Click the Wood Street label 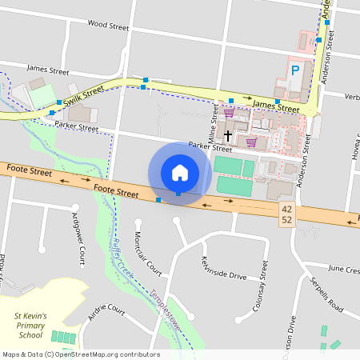point(108,26)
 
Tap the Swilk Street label point(85,96)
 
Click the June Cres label point(344,270)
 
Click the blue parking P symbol point(296,70)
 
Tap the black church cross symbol point(227,135)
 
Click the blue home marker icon point(179,172)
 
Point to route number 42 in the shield point(286,209)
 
